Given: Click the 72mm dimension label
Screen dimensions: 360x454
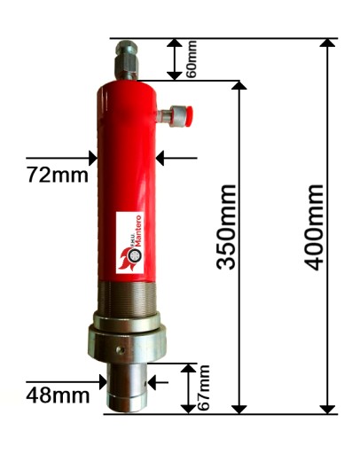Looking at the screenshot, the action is (x=58, y=175).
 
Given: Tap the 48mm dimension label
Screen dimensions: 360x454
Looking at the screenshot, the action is (x=58, y=395).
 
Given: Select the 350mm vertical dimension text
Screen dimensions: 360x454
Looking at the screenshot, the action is (x=226, y=227).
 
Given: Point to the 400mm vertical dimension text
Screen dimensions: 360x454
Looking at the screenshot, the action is (x=314, y=227).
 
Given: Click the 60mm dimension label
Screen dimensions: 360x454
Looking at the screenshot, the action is (x=192, y=59).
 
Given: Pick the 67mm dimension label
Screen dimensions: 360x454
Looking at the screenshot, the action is (x=203, y=387).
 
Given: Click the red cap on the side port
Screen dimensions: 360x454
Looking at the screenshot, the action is (x=189, y=114).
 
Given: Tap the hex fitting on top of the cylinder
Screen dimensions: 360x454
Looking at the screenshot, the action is (x=127, y=59).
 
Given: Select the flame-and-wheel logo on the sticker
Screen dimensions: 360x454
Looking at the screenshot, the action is (x=130, y=259).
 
